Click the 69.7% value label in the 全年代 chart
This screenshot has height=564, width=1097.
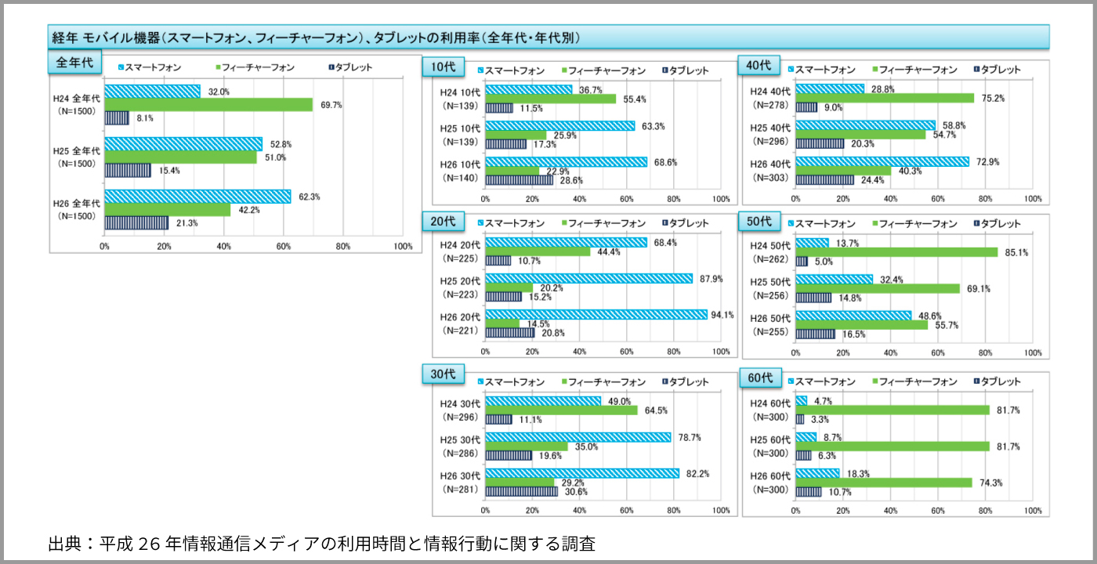(x=331, y=105)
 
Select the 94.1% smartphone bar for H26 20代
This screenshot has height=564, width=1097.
(x=596, y=315)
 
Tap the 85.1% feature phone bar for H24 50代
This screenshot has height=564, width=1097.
(x=896, y=252)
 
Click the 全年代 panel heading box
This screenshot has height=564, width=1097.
(x=75, y=63)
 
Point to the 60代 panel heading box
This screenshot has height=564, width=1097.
(x=760, y=378)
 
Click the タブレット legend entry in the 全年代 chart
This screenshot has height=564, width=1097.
(x=349, y=67)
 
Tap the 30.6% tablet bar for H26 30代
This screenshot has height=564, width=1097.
(x=521, y=491)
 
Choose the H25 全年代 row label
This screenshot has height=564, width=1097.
(x=77, y=157)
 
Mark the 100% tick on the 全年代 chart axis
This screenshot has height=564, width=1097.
(x=403, y=247)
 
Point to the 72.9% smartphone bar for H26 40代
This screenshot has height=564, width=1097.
(x=882, y=162)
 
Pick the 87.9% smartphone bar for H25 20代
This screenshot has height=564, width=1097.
(x=588, y=278)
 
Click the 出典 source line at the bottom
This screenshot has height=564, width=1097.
(x=321, y=544)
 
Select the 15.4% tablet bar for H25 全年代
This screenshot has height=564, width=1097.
(x=128, y=170)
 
